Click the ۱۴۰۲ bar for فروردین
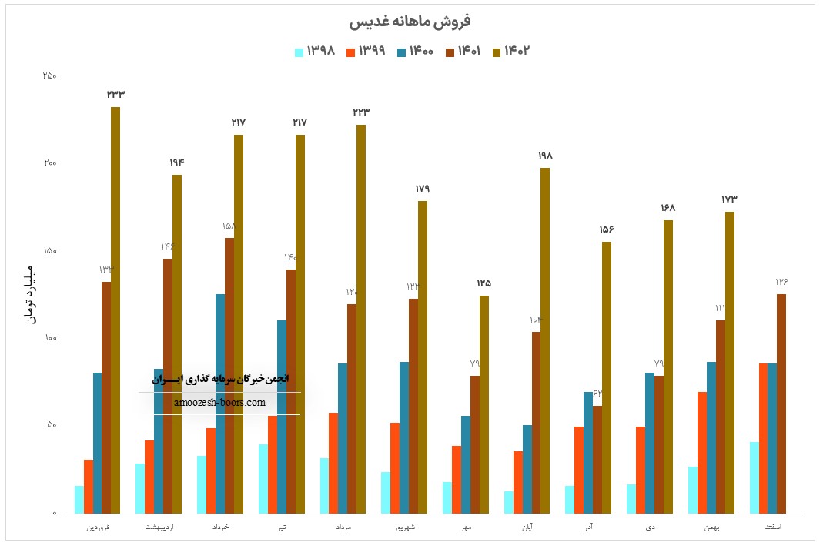point(115,308)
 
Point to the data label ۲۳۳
point(115,94)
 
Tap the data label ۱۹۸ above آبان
point(545,156)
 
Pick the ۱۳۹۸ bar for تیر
point(263,478)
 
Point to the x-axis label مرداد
point(344,528)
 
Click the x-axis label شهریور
point(405,528)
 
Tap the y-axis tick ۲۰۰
point(49,163)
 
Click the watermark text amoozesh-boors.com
point(219,402)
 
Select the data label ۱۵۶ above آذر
point(607,229)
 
